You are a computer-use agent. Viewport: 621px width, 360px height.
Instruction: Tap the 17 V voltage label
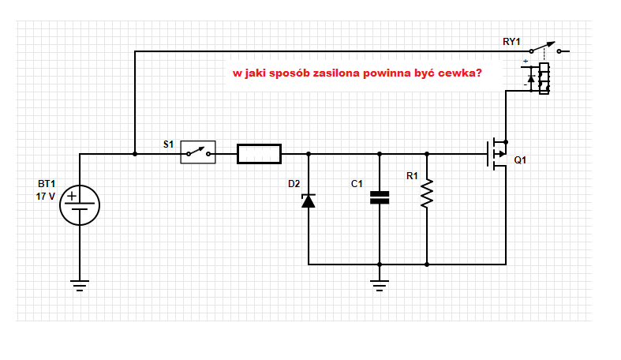pos(46,196)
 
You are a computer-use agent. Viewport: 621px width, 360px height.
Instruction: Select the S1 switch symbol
pos(198,152)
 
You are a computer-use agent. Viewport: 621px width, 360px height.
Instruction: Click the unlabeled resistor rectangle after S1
pos(259,154)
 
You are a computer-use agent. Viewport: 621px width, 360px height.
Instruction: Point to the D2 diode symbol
pos(309,201)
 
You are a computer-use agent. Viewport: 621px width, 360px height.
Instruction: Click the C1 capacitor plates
pos(380,197)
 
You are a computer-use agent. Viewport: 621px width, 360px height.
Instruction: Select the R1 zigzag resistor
pos(427,193)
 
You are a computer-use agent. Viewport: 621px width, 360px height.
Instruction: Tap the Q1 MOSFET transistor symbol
pos(497,154)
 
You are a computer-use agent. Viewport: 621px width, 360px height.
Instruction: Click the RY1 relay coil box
pos(544,78)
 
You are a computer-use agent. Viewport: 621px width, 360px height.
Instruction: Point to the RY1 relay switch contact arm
pos(544,47)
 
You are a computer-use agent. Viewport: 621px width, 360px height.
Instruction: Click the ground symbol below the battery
pos(80,286)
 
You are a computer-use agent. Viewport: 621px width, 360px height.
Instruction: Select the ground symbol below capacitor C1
pos(380,286)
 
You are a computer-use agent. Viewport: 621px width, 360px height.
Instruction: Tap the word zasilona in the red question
pos(336,73)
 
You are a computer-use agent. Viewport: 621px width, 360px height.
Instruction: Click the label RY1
pos(511,42)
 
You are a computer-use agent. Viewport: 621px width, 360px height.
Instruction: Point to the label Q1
pos(520,160)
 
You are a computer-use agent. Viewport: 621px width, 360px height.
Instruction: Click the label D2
pos(294,184)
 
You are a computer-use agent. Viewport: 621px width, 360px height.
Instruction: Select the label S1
pos(168,144)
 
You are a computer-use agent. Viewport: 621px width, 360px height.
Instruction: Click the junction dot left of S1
pos(135,154)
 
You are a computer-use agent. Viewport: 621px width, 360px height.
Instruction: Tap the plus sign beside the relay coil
pos(526,61)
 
